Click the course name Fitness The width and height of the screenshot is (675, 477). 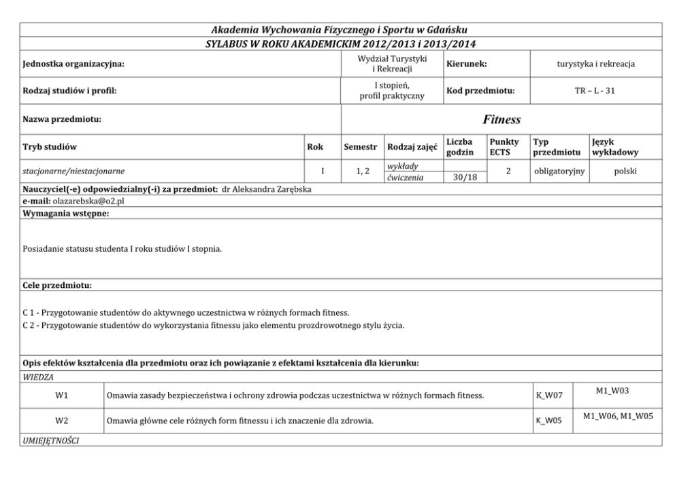[x=501, y=120]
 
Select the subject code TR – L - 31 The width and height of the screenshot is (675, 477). [x=595, y=91]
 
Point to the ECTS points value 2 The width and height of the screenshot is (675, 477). [x=508, y=171]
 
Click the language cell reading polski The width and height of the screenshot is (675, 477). [x=625, y=171]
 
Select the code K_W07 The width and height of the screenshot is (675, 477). [x=548, y=395]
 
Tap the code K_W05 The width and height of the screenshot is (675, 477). [x=548, y=421]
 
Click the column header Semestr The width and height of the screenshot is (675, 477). [x=361, y=146]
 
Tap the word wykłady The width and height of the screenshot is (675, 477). [x=401, y=166]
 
